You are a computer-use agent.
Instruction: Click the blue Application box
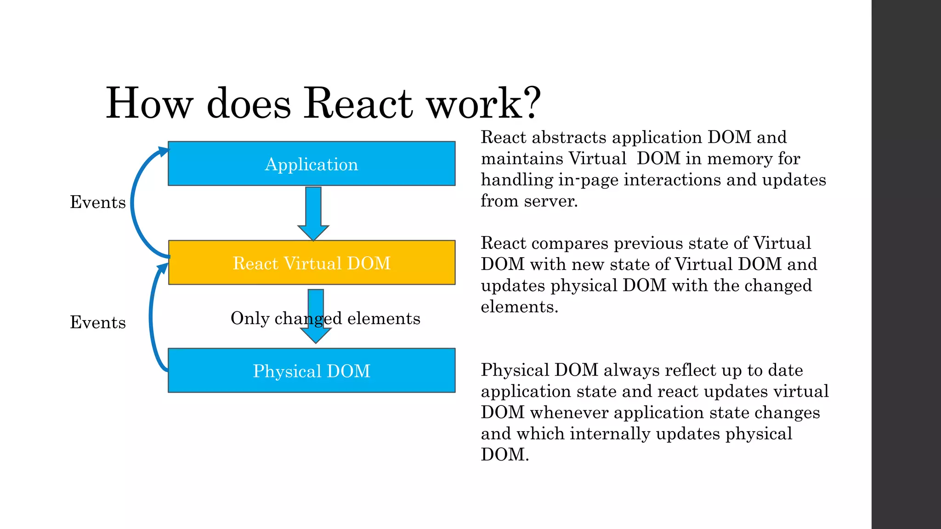pos(312,163)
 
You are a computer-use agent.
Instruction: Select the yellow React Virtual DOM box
pos(312,263)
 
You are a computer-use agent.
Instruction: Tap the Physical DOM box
pos(312,371)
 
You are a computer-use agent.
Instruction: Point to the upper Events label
pos(97,202)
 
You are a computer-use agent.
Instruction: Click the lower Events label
pos(97,322)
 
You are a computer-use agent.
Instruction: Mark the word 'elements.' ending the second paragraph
pos(519,307)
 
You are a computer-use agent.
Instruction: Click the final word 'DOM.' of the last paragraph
pos(505,455)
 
